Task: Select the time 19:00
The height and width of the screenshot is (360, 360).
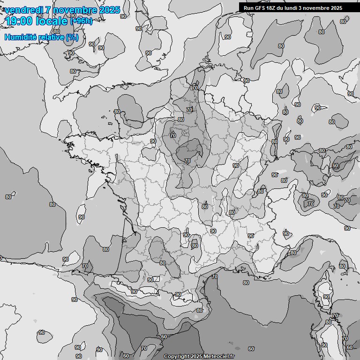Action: click(x=19, y=21)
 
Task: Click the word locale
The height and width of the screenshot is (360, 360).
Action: click(x=52, y=22)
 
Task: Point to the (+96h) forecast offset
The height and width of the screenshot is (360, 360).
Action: click(x=81, y=22)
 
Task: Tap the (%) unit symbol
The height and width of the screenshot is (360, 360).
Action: click(x=72, y=37)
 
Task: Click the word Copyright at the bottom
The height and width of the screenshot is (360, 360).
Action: click(x=176, y=356)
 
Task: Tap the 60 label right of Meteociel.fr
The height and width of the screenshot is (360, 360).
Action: click(x=251, y=349)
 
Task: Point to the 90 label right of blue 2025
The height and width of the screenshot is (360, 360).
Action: click(x=123, y=16)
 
